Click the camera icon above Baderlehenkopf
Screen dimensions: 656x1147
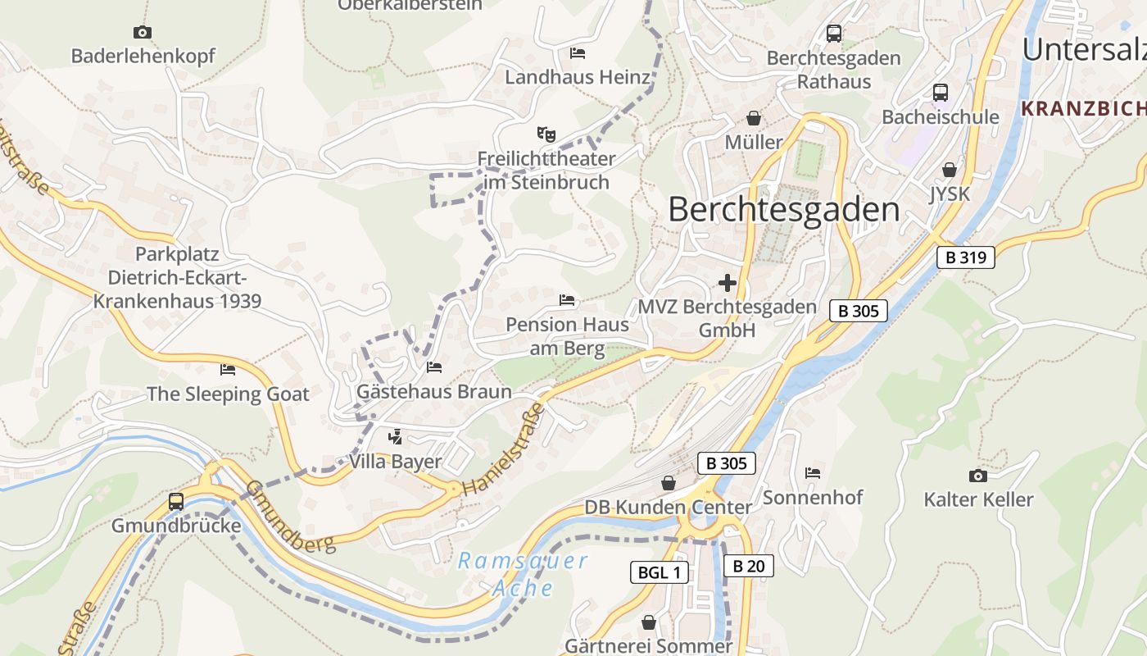(x=143, y=33)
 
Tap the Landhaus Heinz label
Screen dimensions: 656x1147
(x=578, y=77)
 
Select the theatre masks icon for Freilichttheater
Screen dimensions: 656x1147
(x=546, y=133)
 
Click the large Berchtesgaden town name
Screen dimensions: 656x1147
(x=784, y=210)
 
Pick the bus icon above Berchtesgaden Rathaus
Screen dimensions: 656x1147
(x=834, y=34)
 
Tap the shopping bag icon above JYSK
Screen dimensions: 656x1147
(x=950, y=170)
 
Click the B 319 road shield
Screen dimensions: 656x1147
(x=966, y=257)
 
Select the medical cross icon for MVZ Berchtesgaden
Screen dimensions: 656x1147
(x=727, y=284)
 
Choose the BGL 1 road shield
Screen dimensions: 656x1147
(x=659, y=572)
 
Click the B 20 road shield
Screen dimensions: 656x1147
(x=748, y=566)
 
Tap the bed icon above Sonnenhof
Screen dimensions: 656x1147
(x=813, y=472)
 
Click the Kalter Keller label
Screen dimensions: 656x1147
(x=978, y=499)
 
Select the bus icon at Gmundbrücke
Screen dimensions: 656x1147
(x=176, y=501)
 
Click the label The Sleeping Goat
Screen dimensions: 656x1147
(x=228, y=394)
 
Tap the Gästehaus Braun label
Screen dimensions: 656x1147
(x=433, y=391)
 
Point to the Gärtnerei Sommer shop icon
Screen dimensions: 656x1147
(x=649, y=623)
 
